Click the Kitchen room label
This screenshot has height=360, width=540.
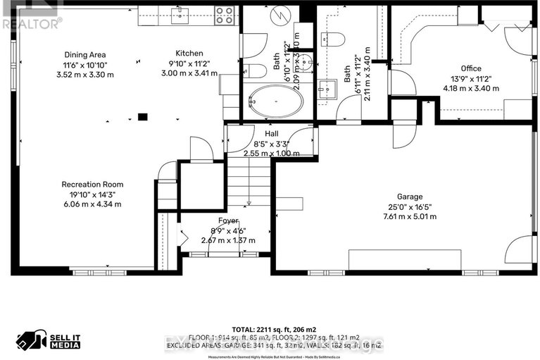(x=189, y=54)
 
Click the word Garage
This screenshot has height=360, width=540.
(x=409, y=197)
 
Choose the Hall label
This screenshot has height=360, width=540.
(x=272, y=132)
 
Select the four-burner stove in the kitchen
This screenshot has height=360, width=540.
(x=225, y=15)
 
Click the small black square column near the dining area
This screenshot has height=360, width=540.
(x=143, y=118)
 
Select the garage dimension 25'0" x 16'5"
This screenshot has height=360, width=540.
(x=409, y=206)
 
